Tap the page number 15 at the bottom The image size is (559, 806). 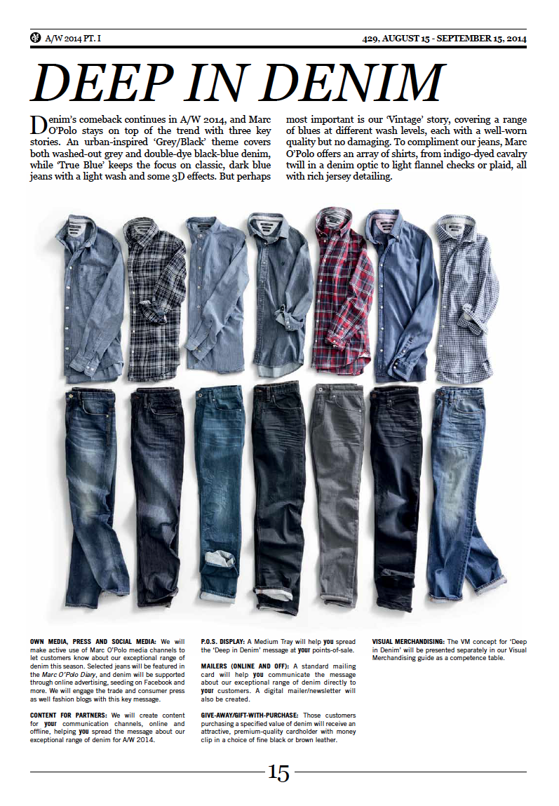click(x=278, y=773)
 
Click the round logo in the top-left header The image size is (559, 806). click(x=36, y=37)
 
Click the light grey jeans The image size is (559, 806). click(x=337, y=484)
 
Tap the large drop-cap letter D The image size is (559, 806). click(x=39, y=124)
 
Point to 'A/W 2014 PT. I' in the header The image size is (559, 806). click(x=74, y=38)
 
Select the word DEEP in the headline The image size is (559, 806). click(x=105, y=83)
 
